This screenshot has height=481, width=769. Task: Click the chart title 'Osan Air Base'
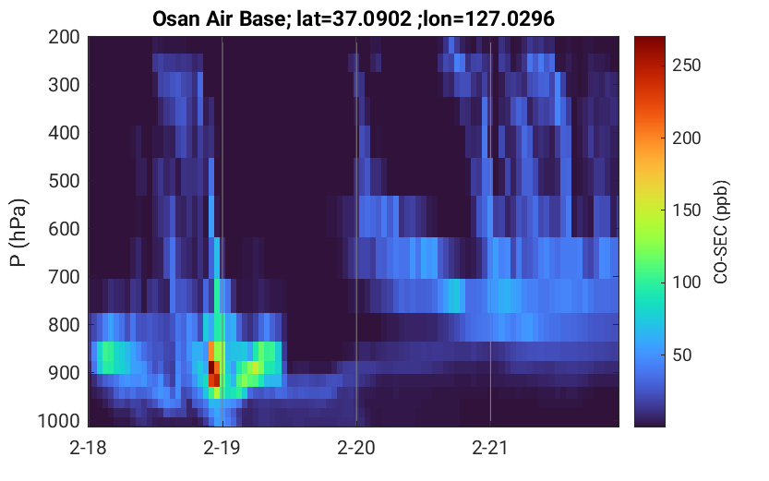click(218, 19)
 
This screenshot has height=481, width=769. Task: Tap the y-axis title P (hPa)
click(18, 233)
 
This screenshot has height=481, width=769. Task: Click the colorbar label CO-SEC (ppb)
click(720, 233)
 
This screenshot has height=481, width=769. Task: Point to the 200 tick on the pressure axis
click(64, 37)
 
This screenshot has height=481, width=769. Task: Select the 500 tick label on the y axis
click(64, 181)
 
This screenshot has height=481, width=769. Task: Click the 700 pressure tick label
click(64, 277)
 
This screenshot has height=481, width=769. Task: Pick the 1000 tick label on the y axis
click(58, 421)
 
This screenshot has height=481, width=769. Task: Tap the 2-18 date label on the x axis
click(88, 448)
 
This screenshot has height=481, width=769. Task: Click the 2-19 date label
click(222, 448)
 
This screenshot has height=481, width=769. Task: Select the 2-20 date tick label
click(356, 448)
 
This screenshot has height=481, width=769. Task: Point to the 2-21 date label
click(489, 448)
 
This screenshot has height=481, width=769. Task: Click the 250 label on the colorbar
click(686, 66)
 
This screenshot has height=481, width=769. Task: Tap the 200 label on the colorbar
click(686, 138)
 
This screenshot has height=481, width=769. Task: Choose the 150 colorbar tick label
click(686, 210)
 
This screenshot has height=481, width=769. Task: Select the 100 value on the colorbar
click(686, 283)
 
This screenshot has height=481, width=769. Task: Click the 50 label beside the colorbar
click(681, 355)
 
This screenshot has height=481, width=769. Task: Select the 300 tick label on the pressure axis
click(64, 85)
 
